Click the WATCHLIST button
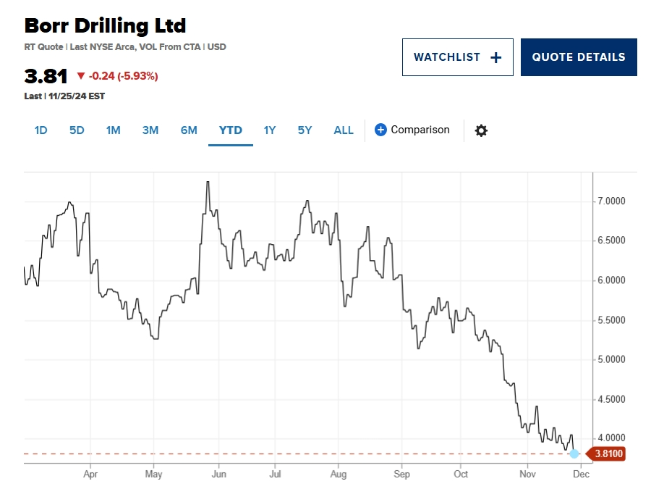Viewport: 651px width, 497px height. click(457, 57)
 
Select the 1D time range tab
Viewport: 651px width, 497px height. click(41, 130)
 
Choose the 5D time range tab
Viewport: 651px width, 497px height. click(77, 130)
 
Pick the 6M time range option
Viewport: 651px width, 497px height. click(189, 130)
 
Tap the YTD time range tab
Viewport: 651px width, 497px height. click(231, 130)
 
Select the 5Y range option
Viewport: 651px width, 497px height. click(305, 130)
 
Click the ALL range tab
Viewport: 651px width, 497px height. click(344, 130)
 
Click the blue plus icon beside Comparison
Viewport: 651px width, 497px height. click(380, 130)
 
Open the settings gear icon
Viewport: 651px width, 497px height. click(481, 130)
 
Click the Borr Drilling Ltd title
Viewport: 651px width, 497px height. click(105, 26)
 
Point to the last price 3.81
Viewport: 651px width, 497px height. click(46, 76)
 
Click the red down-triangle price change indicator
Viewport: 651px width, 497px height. click(80, 76)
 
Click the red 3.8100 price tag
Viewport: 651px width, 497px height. click(607, 454)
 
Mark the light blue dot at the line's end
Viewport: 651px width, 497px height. click(574, 454)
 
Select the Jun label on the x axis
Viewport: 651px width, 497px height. click(218, 475)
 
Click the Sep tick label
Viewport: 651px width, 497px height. click(401, 475)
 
